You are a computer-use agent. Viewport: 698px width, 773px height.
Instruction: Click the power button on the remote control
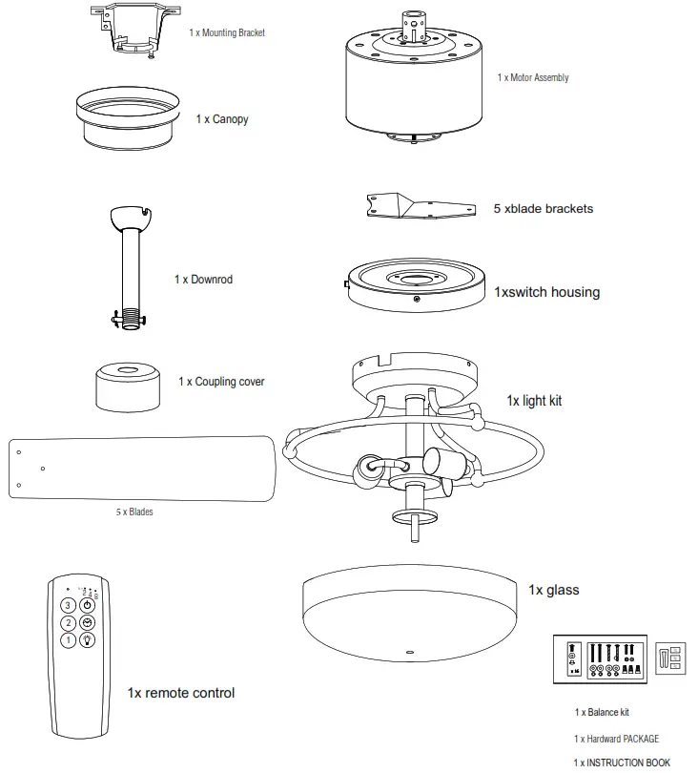tap(87, 605)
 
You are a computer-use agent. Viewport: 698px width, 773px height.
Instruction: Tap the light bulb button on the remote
tap(87, 640)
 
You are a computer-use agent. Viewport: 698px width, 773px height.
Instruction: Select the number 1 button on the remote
tap(68, 640)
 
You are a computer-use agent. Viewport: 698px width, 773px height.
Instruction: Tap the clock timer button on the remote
tap(87, 623)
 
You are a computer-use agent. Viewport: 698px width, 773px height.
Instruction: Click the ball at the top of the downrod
tap(131, 217)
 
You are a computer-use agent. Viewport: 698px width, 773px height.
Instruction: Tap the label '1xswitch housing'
tap(546, 292)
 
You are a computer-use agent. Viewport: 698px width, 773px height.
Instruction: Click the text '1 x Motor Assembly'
tap(533, 77)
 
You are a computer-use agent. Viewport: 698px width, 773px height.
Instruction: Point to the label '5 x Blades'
tap(134, 512)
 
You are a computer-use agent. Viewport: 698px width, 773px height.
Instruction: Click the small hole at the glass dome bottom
tap(410, 655)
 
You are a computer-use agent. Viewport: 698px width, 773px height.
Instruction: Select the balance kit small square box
tap(670, 658)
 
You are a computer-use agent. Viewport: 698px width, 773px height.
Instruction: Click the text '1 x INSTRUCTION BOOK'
tap(621, 763)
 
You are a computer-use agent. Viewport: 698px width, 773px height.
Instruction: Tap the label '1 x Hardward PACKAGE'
tap(616, 739)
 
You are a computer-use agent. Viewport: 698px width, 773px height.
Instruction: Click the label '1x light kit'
tap(534, 400)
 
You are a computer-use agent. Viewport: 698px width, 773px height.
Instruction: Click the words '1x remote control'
tap(180, 692)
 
